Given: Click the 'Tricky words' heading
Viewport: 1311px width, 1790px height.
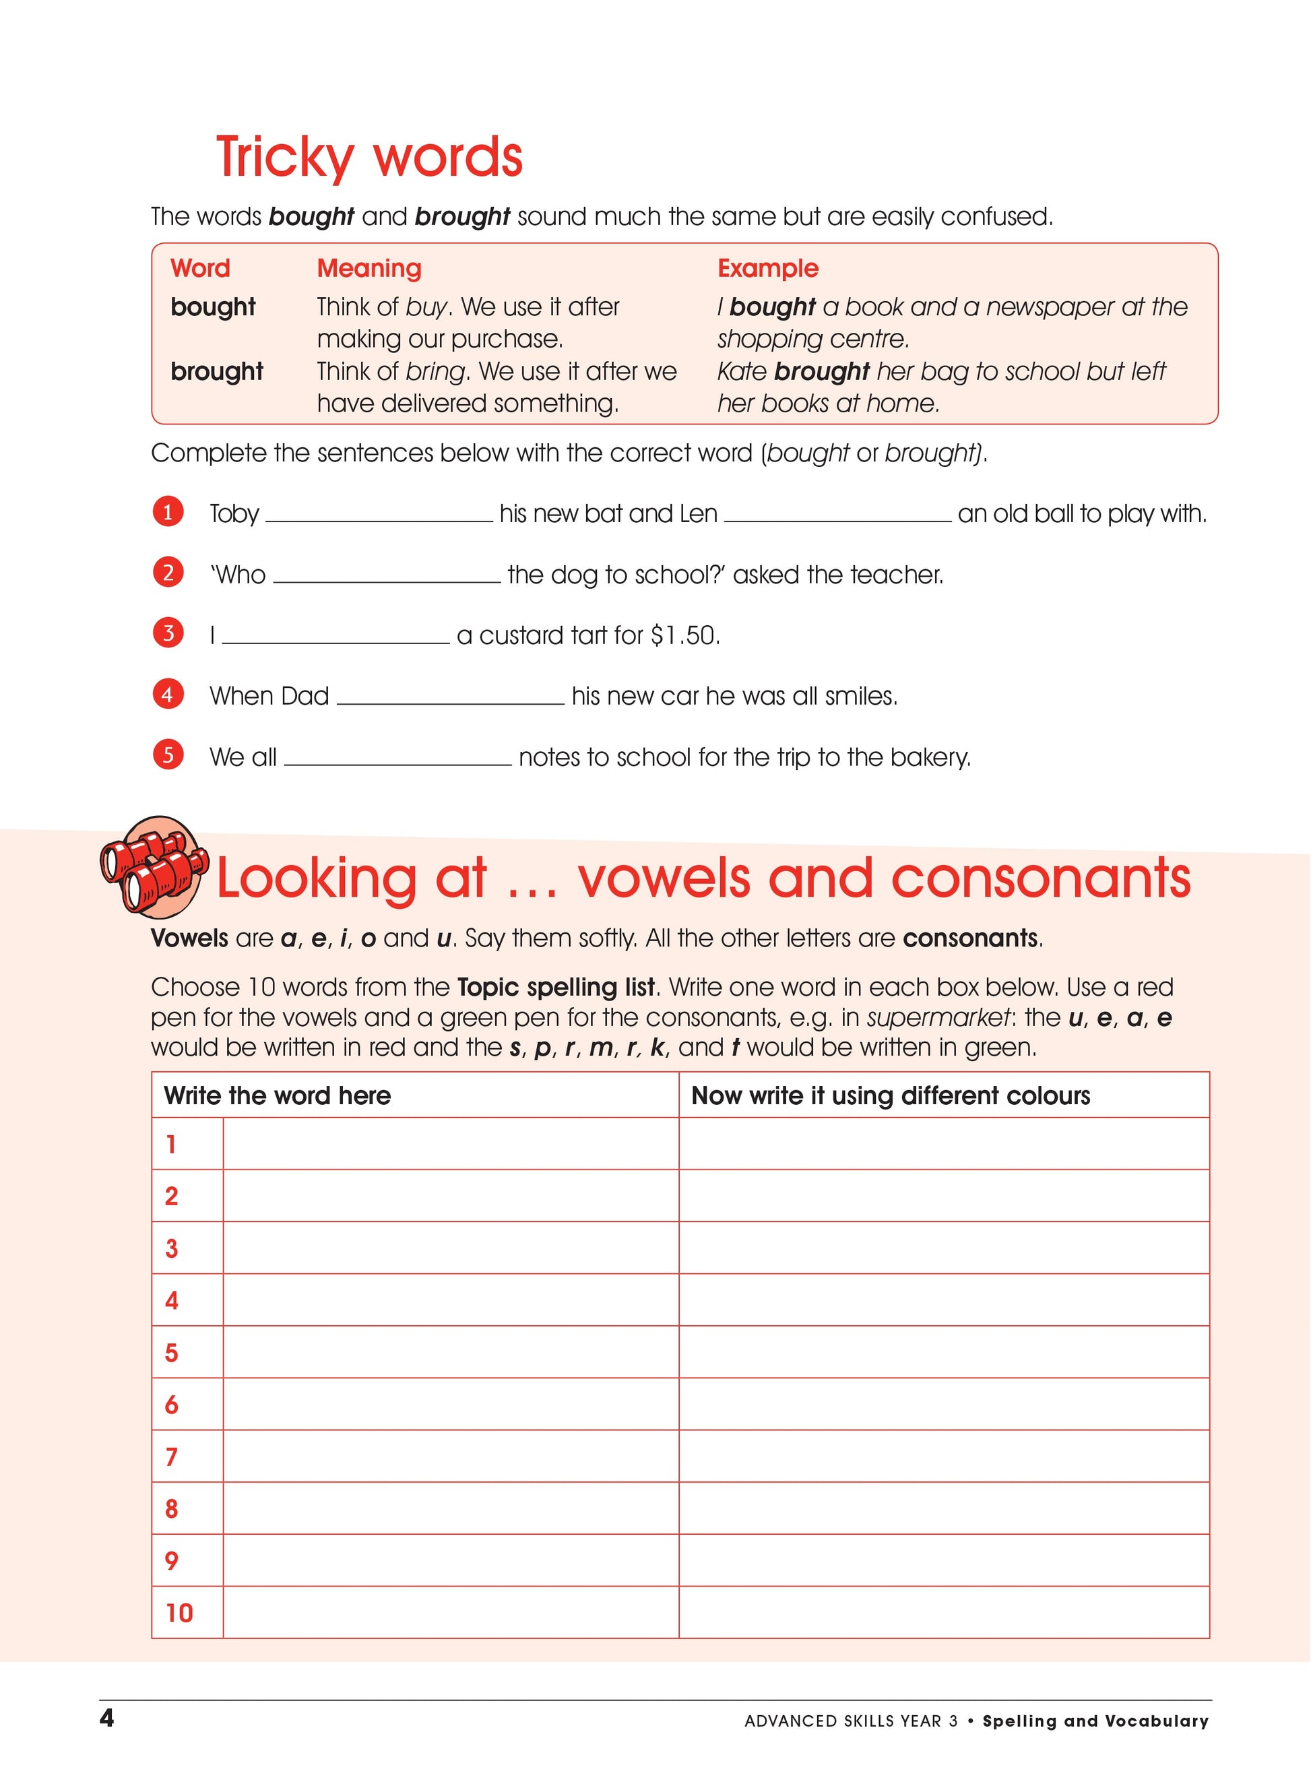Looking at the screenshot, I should tap(369, 156).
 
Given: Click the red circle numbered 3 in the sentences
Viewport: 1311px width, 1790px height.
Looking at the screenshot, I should tap(168, 633).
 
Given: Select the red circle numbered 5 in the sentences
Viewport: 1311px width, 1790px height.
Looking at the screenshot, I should tap(168, 755).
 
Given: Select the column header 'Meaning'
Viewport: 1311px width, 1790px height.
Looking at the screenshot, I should tap(369, 268).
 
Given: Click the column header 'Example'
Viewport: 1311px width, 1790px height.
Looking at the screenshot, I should tap(767, 268).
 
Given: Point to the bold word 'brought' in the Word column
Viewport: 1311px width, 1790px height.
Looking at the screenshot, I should tap(217, 371).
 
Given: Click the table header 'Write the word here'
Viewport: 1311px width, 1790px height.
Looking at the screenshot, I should tap(277, 1095).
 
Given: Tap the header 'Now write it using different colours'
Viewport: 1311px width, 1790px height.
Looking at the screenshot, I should tap(891, 1095).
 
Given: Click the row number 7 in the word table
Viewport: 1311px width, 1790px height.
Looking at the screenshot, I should tap(171, 1457).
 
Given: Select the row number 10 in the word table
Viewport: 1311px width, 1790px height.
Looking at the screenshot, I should tap(179, 1613).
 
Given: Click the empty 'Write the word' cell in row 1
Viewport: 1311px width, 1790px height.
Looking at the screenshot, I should tap(450, 1144).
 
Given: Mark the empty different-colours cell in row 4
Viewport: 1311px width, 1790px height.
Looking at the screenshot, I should tap(944, 1300).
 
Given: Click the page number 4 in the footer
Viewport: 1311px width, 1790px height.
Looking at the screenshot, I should tap(107, 1719).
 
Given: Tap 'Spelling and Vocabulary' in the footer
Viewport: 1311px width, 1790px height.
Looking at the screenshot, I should tap(1095, 1721).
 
